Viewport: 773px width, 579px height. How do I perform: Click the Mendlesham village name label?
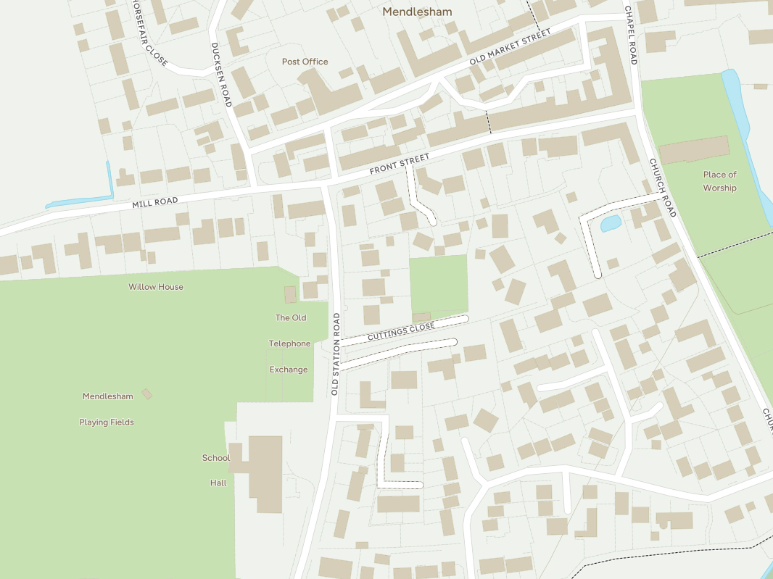coord(417,12)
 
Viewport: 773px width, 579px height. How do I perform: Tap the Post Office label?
coord(305,62)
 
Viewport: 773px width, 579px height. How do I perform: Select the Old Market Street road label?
coord(510,47)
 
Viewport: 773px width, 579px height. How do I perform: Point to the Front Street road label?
coord(400,164)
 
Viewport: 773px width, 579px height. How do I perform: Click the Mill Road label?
coord(154,203)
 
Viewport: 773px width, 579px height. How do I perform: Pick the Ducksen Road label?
coord(220,75)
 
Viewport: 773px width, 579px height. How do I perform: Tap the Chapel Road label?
coord(631,36)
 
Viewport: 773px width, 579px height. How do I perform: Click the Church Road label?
coord(662,188)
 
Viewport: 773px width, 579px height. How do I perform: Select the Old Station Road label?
coord(336,354)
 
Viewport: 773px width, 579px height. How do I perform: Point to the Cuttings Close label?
coord(401,332)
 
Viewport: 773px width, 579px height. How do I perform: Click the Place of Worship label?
coord(719,181)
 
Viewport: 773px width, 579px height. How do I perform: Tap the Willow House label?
coord(156,287)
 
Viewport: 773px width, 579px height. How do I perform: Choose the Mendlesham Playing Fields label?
coord(107,409)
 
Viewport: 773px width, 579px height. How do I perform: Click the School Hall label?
coord(217,470)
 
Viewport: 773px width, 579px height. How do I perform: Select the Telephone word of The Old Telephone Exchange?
coord(289,343)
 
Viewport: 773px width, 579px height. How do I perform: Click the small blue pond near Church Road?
coord(611,223)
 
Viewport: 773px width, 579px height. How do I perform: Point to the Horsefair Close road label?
coord(149,33)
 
